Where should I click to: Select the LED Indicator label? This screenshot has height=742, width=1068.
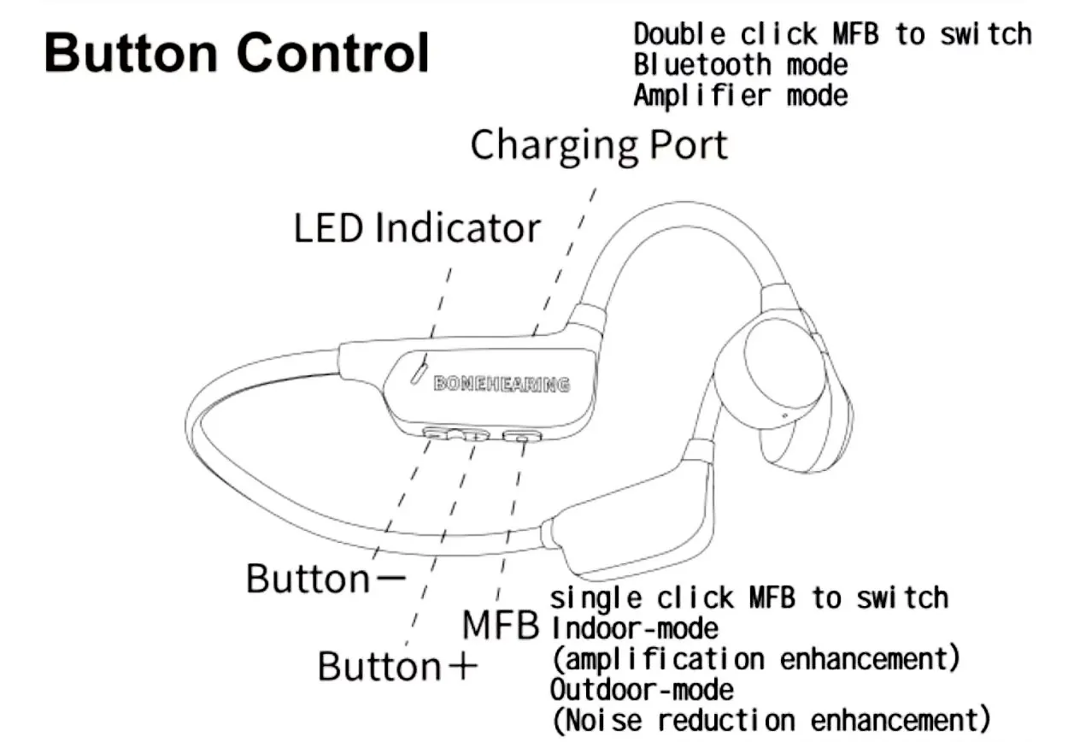coord(417,228)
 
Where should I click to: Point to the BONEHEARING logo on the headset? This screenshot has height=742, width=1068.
coord(502,385)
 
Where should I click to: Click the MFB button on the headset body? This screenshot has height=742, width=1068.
coord(522,437)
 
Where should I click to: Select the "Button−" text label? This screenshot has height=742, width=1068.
coord(326,578)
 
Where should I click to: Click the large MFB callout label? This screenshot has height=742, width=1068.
coord(501,625)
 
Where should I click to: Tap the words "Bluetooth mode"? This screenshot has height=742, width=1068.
coord(741,64)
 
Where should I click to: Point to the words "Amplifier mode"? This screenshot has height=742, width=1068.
coord(741,94)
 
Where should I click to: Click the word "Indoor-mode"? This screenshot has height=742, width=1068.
coord(634,628)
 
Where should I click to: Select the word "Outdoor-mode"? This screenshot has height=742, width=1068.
coord(642,688)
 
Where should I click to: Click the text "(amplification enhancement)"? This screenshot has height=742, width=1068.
coord(755,659)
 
